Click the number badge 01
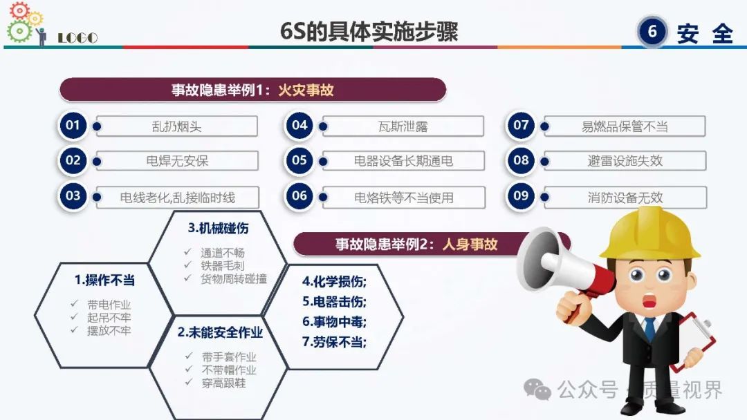[73, 126]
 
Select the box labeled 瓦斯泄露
[403, 126]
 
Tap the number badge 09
[521, 196]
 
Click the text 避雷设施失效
[625, 161]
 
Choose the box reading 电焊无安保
[177, 161]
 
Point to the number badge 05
[299, 160]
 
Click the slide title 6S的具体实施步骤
[369, 31]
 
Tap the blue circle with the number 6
[652, 31]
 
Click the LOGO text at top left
[77, 37]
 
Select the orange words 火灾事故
[306, 90]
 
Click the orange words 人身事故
[470, 245]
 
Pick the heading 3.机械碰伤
[218, 229]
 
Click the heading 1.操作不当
[105, 280]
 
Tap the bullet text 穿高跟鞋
[224, 383]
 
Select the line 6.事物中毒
[335, 322]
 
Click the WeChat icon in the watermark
[537, 390]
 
